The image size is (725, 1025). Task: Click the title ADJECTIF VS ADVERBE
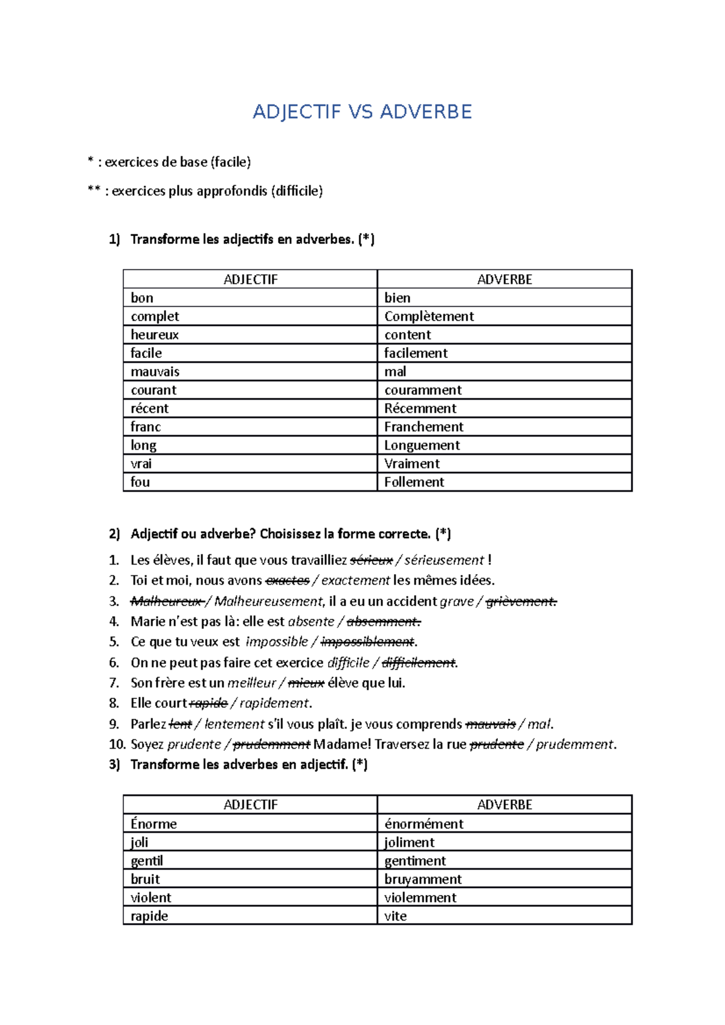point(362,112)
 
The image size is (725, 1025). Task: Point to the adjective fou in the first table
point(140,482)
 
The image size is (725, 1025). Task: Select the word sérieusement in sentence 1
point(444,560)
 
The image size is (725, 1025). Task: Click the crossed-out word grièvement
point(521,601)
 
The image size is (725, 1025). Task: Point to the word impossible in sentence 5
point(277,642)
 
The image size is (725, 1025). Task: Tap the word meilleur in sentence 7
point(251,683)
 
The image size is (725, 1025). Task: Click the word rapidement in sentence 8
point(274,703)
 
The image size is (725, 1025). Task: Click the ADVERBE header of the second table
point(504,805)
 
